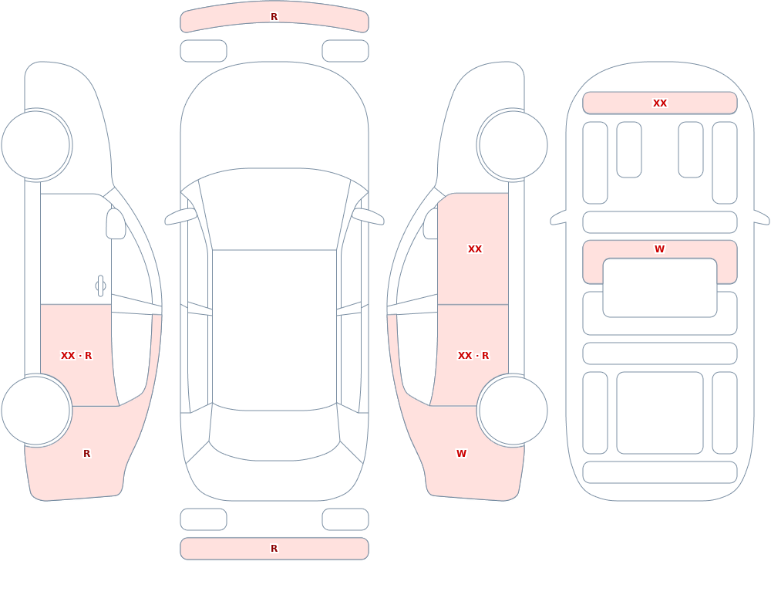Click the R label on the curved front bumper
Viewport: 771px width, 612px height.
pyautogui.click(x=274, y=17)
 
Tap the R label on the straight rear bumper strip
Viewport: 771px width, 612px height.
pyautogui.click(x=274, y=549)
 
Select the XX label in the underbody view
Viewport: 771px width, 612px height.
pyautogui.click(x=660, y=103)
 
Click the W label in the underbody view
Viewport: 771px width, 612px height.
pyautogui.click(x=660, y=249)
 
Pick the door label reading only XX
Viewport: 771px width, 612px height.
pyautogui.click(x=475, y=249)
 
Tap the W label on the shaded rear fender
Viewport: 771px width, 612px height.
pyautogui.click(x=461, y=454)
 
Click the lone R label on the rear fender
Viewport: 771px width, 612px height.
pyautogui.click(x=87, y=454)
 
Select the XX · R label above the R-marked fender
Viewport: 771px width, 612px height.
pyautogui.click(x=76, y=356)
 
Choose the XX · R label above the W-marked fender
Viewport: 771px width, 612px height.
pyautogui.click(x=473, y=356)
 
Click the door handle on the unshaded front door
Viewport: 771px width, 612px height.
pyautogui.click(x=100, y=286)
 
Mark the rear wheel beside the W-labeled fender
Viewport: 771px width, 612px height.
pyautogui.click(x=513, y=410)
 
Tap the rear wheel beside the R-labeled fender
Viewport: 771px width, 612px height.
pyautogui.click(x=36, y=410)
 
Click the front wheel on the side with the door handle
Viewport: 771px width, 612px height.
pyautogui.click(x=36, y=145)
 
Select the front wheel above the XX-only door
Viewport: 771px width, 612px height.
pyautogui.click(x=513, y=145)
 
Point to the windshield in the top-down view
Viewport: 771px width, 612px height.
pyautogui.click(x=274, y=207)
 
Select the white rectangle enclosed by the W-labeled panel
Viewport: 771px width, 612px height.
pyautogui.click(x=660, y=288)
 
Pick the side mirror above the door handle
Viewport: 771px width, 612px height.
pyautogui.click(x=116, y=224)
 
